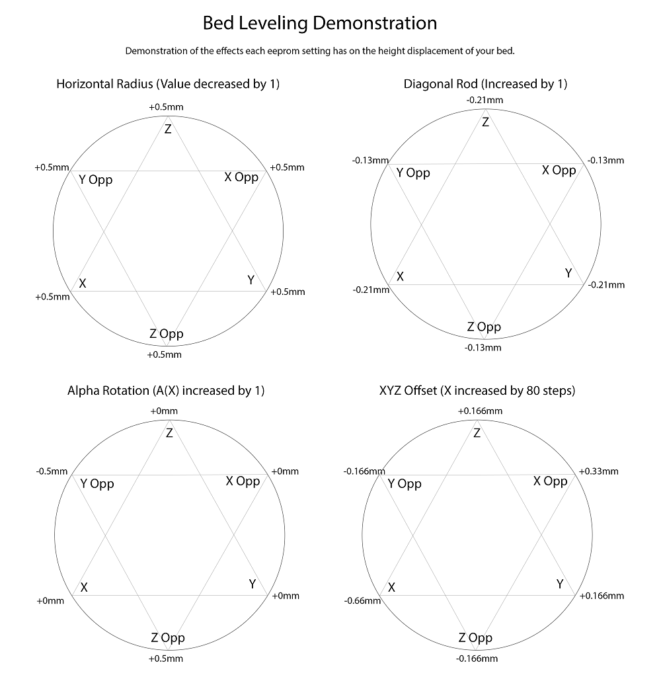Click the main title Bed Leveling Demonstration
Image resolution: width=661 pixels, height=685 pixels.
(x=320, y=24)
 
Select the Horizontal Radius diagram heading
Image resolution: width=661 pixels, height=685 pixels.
(x=168, y=84)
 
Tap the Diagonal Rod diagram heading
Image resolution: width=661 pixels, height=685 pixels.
(x=485, y=84)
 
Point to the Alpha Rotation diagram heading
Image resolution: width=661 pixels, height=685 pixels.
(x=166, y=390)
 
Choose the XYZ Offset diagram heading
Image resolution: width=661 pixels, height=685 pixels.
(x=477, y=390)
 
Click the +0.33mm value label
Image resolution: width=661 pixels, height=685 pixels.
(x=599, y=471)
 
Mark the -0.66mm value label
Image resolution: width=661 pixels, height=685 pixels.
(x=362, y=600)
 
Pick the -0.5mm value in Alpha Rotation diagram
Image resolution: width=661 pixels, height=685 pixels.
(x=52, y=471)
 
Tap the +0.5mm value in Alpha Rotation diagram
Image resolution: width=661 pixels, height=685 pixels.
(x=165, y=659)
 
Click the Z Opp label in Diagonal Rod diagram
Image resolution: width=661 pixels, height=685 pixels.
(x=484, y=327)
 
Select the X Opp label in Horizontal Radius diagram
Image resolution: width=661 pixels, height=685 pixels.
(x=241, y=177)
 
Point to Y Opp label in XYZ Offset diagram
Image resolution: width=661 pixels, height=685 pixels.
(x=405, y=483)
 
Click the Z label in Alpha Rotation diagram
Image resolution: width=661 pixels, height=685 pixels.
(x=169, y=434)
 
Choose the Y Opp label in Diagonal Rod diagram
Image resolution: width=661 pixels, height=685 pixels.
(x=413, y=173)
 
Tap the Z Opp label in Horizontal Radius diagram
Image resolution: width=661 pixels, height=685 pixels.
(x=167, y=334)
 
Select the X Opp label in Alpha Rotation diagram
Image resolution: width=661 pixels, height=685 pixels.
(x=243, y=481)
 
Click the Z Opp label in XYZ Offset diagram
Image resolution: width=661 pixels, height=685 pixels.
(x=475, y=638)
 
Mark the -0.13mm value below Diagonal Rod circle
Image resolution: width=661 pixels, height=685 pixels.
(x=483, y=348)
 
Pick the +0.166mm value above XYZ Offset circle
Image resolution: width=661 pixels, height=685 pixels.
(x=480, y=411)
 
